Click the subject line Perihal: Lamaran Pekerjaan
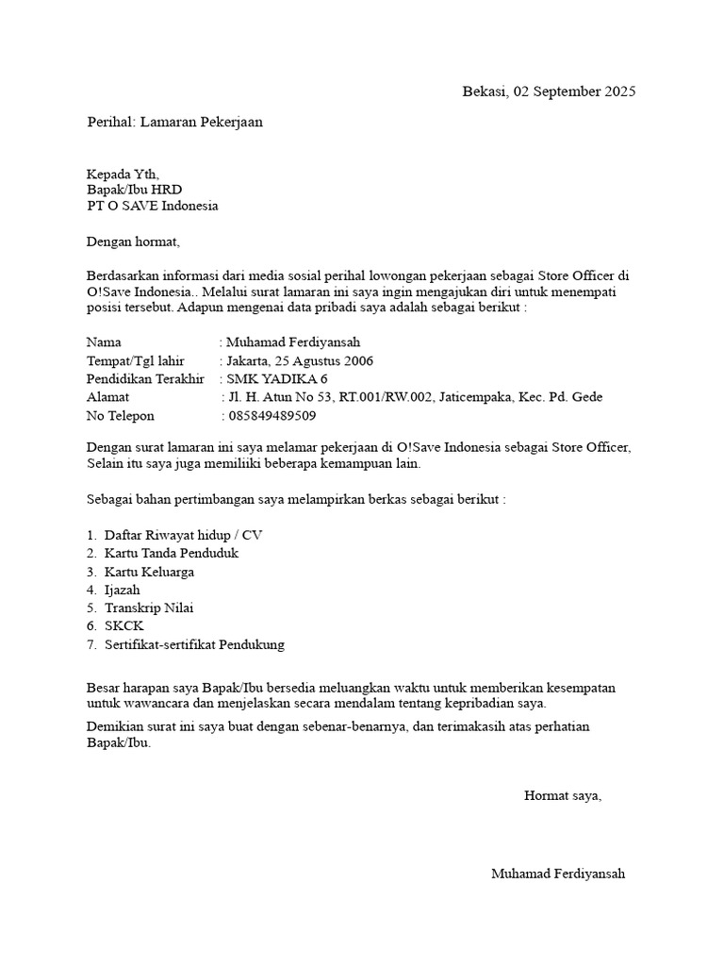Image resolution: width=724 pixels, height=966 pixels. (174, 122)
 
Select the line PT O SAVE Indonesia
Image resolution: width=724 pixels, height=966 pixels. (152, 206)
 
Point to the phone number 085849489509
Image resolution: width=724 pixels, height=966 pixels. (271, 415)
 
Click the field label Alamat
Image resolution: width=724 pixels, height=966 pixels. (107, 397)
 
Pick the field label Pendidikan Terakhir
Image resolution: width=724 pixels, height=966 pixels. (145, 378)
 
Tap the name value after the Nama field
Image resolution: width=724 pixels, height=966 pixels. (293, 342)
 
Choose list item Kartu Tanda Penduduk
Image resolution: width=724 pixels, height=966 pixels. (172, 553)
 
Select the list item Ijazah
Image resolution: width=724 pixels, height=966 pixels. (123, 590)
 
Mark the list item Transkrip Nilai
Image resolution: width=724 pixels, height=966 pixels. (149, 608)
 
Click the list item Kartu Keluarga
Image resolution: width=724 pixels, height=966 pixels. (150, 572)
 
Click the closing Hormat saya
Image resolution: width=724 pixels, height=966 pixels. (563, 795)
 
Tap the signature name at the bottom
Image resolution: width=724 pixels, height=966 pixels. (557, 874)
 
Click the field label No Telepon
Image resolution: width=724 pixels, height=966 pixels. (120, 415)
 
